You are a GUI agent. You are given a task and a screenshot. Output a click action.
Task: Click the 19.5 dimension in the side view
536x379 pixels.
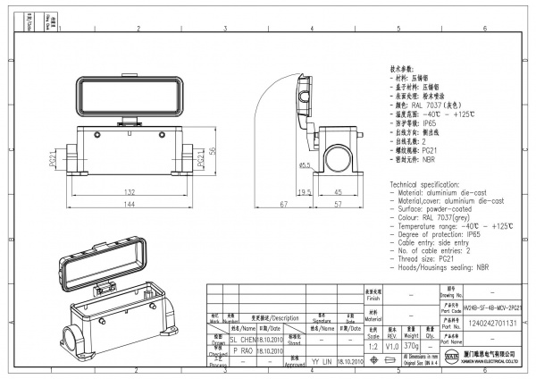[x=304, y=191]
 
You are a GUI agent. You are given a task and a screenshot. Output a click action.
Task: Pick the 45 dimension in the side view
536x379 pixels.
[x=339, y=191]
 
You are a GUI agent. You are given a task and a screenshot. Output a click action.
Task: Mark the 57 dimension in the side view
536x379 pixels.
[x=339, y=206]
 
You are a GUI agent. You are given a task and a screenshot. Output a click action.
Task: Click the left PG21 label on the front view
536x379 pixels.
[x=54, y=159]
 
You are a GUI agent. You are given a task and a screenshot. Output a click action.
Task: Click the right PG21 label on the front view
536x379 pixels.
[x=201, y=159]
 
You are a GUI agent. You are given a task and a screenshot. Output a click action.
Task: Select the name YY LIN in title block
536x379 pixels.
[x=321, y=361]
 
